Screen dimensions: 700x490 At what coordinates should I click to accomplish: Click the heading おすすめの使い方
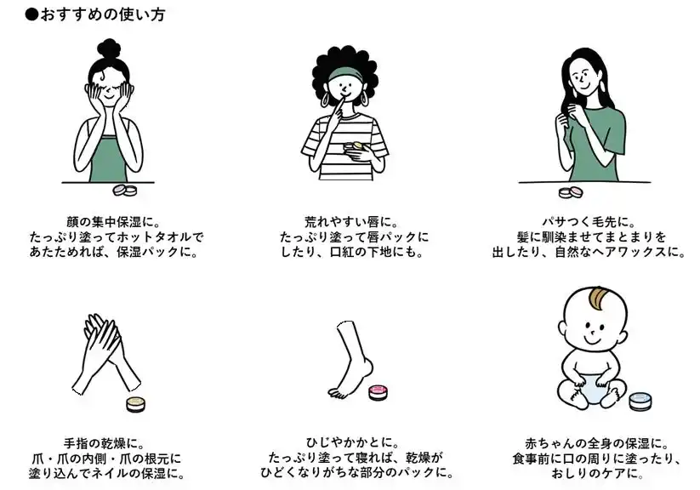click(x=103, y=14)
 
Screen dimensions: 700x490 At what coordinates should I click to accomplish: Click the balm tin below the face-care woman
click(x=125, y=191)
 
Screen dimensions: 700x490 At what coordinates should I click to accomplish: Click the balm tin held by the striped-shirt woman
click(x=354, y=146)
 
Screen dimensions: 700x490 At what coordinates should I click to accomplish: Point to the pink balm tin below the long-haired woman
click(x=571, y=191)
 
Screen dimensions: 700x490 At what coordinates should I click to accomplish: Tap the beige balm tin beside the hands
click(x=136, y=404)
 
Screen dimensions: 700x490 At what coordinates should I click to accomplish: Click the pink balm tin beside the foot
click(x=378, y=392)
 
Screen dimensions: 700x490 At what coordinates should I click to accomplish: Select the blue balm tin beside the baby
click(x=640, y=401)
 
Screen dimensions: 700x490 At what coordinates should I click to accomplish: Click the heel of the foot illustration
click(x=367, y=368)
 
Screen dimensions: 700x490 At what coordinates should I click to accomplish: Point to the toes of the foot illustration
click(x=337, y=393)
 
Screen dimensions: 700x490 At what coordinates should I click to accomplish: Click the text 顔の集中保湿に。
click(x=113, y=221)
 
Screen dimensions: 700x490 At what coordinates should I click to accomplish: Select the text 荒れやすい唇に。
click(x=351, y=221)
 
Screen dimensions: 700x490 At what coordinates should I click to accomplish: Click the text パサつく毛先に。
click(x=589, y=221)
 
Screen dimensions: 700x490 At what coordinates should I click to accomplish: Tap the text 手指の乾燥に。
click(x=105, y=443)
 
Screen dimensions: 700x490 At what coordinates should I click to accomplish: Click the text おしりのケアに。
click(x=597, y=473)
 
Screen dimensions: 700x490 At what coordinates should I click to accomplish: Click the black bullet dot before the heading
click(x=31, y=14)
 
